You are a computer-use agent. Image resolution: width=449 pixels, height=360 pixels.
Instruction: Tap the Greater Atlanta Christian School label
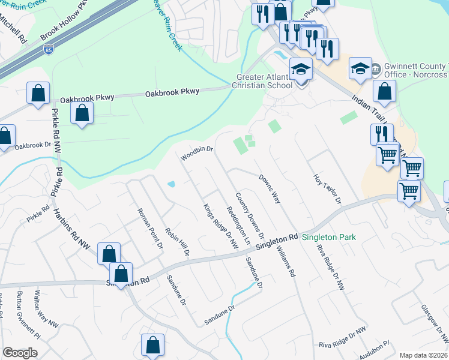(264, 80)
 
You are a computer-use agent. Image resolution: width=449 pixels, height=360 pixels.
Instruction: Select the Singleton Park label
(328, 237)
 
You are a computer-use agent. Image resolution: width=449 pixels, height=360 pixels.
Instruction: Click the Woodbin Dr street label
(197, 154)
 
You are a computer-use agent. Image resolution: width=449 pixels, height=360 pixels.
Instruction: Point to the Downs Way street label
(270, 189)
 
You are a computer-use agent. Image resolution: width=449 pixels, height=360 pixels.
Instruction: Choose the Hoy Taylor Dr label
(327, 188)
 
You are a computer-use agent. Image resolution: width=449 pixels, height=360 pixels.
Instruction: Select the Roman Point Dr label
(151, 229)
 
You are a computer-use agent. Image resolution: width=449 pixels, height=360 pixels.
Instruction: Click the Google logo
(20, 353)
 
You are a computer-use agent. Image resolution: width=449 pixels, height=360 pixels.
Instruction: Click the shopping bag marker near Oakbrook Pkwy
(82, 113)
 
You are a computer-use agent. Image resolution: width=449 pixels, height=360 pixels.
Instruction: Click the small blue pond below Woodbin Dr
(172, 184)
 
